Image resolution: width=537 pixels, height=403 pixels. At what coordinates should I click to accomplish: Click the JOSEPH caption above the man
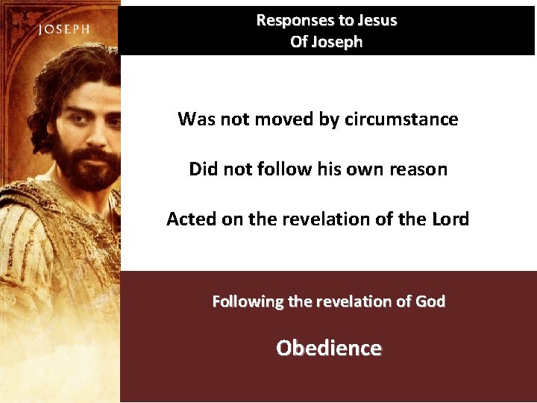click(x=64, y=30)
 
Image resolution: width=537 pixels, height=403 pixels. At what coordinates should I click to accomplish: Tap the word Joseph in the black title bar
click(x=336, y=43)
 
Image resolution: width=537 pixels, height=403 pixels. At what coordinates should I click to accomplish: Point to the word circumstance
click(x=401, y=119)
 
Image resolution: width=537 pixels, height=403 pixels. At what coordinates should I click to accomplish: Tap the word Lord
click(x=450, y=219)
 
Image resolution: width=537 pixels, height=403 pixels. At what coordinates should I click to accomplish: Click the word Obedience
click(x=329, y=349)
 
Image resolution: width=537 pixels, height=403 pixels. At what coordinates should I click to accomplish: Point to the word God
click(x=430, y=302)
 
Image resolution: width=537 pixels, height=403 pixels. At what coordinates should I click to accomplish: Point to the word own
click(x=358, y=169)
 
